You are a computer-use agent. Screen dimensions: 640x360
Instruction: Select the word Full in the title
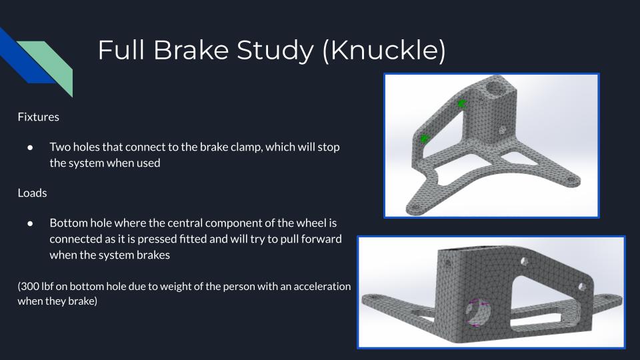[x=121, y=50]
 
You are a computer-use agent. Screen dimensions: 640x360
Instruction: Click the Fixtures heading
[x=39, y=117]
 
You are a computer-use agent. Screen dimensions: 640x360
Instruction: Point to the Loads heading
[x=32, y=193]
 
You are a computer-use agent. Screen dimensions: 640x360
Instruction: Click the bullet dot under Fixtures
[x=30, y=147]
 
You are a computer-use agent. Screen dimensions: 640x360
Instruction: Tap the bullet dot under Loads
[x=30, y=223]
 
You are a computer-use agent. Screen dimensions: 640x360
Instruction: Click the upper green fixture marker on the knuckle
[x=461, y=104]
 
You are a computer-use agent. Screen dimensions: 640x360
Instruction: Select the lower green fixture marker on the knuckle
[x=425, y=139]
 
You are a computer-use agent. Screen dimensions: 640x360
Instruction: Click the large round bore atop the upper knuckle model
[x=495, y=88]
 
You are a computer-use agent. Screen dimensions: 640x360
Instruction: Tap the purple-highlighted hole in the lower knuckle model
[x=478, y=312]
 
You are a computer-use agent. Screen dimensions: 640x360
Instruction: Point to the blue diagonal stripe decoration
[x=25, y=57]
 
